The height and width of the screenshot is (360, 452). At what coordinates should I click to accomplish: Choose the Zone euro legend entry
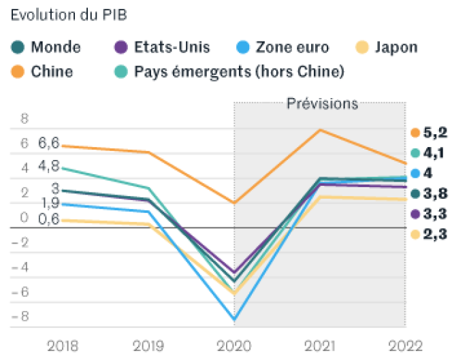pyautogui.click(x=282, y=48)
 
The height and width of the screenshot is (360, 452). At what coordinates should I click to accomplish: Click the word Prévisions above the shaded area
pyautogui.click(x=322, y=104)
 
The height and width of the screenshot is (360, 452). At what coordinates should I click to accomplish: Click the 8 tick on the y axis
pyautogui.click(x=25, y=118)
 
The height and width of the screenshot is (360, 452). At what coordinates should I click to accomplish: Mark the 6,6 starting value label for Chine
pyautogui.click(x=49, y=143)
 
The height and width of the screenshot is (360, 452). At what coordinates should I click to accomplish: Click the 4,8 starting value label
pyautogui.click(x=49, y=166)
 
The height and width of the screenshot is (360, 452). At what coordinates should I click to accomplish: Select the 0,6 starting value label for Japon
pyautogui.click(x=49, y=219)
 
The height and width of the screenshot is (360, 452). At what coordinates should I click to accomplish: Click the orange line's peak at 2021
pyautogui.click(x=320, y=130)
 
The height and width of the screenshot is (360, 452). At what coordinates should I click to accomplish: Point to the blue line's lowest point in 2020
pyautogui.click(x=235, y=319)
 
